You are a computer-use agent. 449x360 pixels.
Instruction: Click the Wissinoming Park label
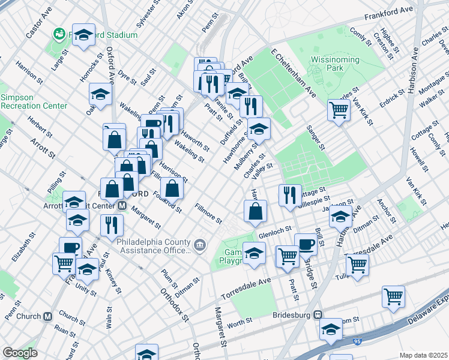[334, 64]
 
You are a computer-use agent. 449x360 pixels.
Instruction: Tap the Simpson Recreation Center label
[34, 101]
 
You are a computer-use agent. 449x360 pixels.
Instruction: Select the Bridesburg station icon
[319, 315]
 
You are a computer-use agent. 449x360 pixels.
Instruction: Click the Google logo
[20, 352]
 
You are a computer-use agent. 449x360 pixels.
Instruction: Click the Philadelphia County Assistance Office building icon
[199, 244]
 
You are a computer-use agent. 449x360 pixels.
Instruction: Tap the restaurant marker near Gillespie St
[290, 195]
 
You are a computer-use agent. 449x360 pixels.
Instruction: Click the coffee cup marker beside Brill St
[306, 245]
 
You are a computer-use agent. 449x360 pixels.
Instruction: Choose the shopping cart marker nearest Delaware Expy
[393, 296]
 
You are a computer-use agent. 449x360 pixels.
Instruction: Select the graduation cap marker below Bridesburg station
[330, 329]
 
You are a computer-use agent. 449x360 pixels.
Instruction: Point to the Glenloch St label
[274, 229]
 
